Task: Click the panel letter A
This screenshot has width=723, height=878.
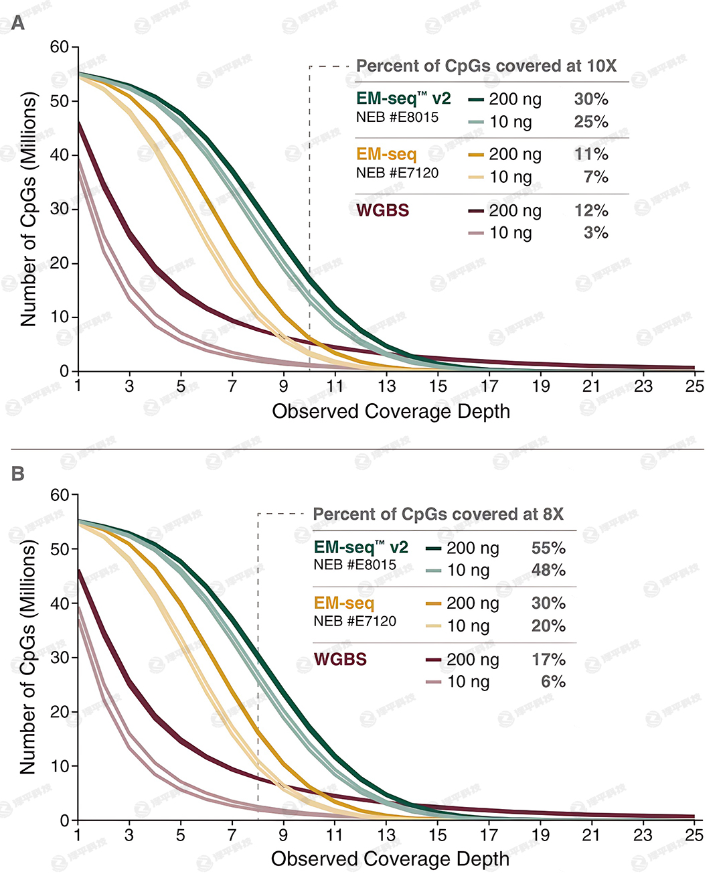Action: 18,24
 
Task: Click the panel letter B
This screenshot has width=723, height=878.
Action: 18,473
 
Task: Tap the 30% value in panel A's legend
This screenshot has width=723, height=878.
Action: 591,99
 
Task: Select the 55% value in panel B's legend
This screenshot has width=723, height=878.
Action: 548,548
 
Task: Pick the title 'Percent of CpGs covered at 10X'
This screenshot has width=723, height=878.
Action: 486,66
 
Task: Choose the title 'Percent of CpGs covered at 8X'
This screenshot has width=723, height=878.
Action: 438,514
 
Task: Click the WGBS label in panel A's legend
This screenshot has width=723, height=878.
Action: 382,210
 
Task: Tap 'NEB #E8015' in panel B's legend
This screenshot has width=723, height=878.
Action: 355,565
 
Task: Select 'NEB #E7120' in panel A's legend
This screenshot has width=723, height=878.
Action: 397,173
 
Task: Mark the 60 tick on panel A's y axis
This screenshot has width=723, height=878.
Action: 60,47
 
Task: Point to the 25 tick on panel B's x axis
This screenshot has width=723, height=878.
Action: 694,834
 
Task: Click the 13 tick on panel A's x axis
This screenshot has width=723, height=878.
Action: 386,386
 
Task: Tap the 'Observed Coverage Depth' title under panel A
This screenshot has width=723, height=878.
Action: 391,411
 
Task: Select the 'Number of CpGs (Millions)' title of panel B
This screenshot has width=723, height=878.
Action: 28,658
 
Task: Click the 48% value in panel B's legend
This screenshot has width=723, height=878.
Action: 548,570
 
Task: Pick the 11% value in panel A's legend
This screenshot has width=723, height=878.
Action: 591,154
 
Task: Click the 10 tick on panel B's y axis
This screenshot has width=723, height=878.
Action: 60,765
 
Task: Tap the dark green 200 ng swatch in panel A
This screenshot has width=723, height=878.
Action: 476,100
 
